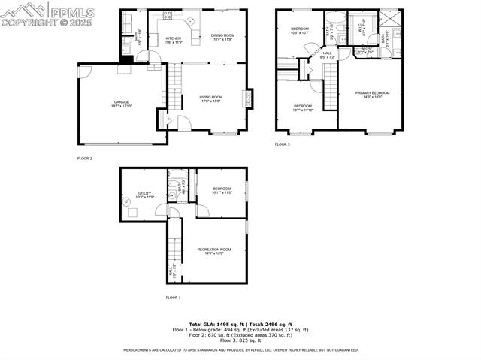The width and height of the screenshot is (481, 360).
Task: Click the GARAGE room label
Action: [122, 103]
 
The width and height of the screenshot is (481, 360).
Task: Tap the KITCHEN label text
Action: [173, 39]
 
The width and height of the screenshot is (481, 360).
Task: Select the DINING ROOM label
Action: [222, 36]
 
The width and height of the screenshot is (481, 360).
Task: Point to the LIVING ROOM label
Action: [210, 98]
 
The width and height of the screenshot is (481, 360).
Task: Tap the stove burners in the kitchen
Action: [167, 14]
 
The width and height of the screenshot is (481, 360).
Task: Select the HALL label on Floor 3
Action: [327, 55]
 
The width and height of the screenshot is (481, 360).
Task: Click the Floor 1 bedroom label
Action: [222, 190]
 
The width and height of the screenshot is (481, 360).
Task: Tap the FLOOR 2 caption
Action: [84, 159]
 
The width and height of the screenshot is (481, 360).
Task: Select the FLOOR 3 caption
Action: [282, 144]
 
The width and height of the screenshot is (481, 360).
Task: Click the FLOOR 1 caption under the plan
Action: [173, 298]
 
